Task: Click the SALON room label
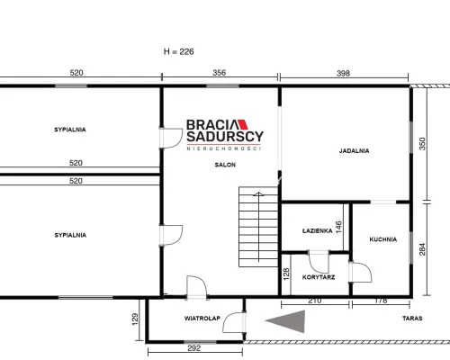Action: click(225, 165)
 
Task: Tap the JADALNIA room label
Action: click(354, 151)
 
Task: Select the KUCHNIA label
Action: click(383, 239)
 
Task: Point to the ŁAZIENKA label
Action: click(317, 230)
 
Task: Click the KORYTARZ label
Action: click(319, 277)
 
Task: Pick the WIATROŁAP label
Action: click(202, 319)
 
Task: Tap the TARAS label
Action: click(412, 319)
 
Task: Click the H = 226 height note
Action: click(179, 51)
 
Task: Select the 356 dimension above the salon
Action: click(220, 73)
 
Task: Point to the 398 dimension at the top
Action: click(343, 73)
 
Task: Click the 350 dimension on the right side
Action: click(422, 144)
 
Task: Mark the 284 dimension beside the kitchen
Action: click(422, 249)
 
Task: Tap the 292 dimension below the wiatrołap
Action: click(194, 348)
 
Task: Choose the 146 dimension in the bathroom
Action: click(338, 228)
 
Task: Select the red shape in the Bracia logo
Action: click(243, 124)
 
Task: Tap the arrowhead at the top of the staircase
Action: click(258, 194)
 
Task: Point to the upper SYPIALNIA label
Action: click(70, 130)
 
